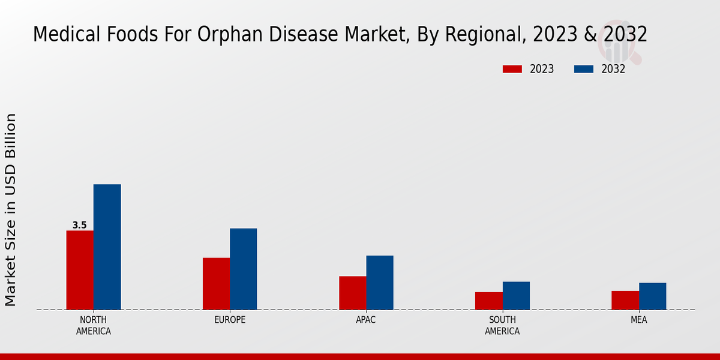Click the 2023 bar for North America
[x=80, y=270]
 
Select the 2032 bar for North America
[x=107, y=247]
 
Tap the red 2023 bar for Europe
[x=216, y=283]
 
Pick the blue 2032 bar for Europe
[x=243, y=269]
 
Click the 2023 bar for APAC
[x=352, y=293]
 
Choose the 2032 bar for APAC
[x=380, y=283]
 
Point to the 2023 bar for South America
[x=488, y=301]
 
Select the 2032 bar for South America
[x=516, y=295]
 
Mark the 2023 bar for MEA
[x=625, y=300]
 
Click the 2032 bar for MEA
[x=652, y=296]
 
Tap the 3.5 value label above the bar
[x=80, y=226]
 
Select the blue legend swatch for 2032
[x=583, y=69]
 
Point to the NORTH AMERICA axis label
[x=94, y=325]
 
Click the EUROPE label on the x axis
[x=230, y=320]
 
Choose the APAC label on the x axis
[x=366, y=320]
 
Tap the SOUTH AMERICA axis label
[x=502, y=325]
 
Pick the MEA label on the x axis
[x=638, y=320]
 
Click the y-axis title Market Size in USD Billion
[x=11, y=209]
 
